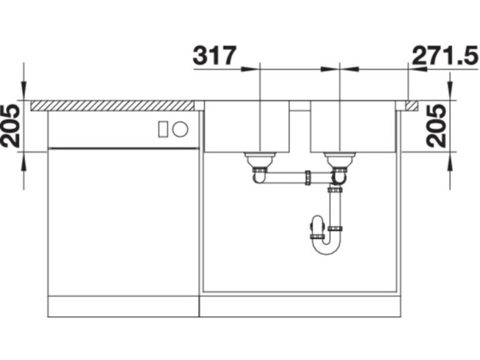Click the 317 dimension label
[x=214, y=56]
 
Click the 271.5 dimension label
[x=445, y=56]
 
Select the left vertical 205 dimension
[x=10, y=126]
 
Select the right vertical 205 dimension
[x=436, y=126]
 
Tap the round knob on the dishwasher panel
[x=180, y=129]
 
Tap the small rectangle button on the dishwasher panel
[x=163, y=129]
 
